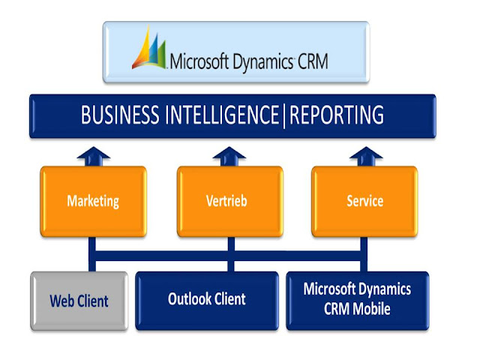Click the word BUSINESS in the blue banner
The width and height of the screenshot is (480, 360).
point(119,115)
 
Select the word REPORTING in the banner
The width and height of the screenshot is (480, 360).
point(337,115)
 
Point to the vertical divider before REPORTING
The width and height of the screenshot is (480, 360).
point(285,115)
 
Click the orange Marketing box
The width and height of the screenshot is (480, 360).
point(93,201)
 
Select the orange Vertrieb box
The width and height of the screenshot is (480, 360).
point(229,201)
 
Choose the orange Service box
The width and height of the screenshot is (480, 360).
point(365,201)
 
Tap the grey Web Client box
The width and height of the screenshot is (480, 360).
point(79,301)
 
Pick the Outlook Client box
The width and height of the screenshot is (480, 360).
point(206,299)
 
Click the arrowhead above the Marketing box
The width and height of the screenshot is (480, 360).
point(93,155)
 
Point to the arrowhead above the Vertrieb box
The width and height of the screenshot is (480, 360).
point(229,155)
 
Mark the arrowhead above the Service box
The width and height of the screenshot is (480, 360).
point(365,155)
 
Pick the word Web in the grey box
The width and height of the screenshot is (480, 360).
point(62,301)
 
